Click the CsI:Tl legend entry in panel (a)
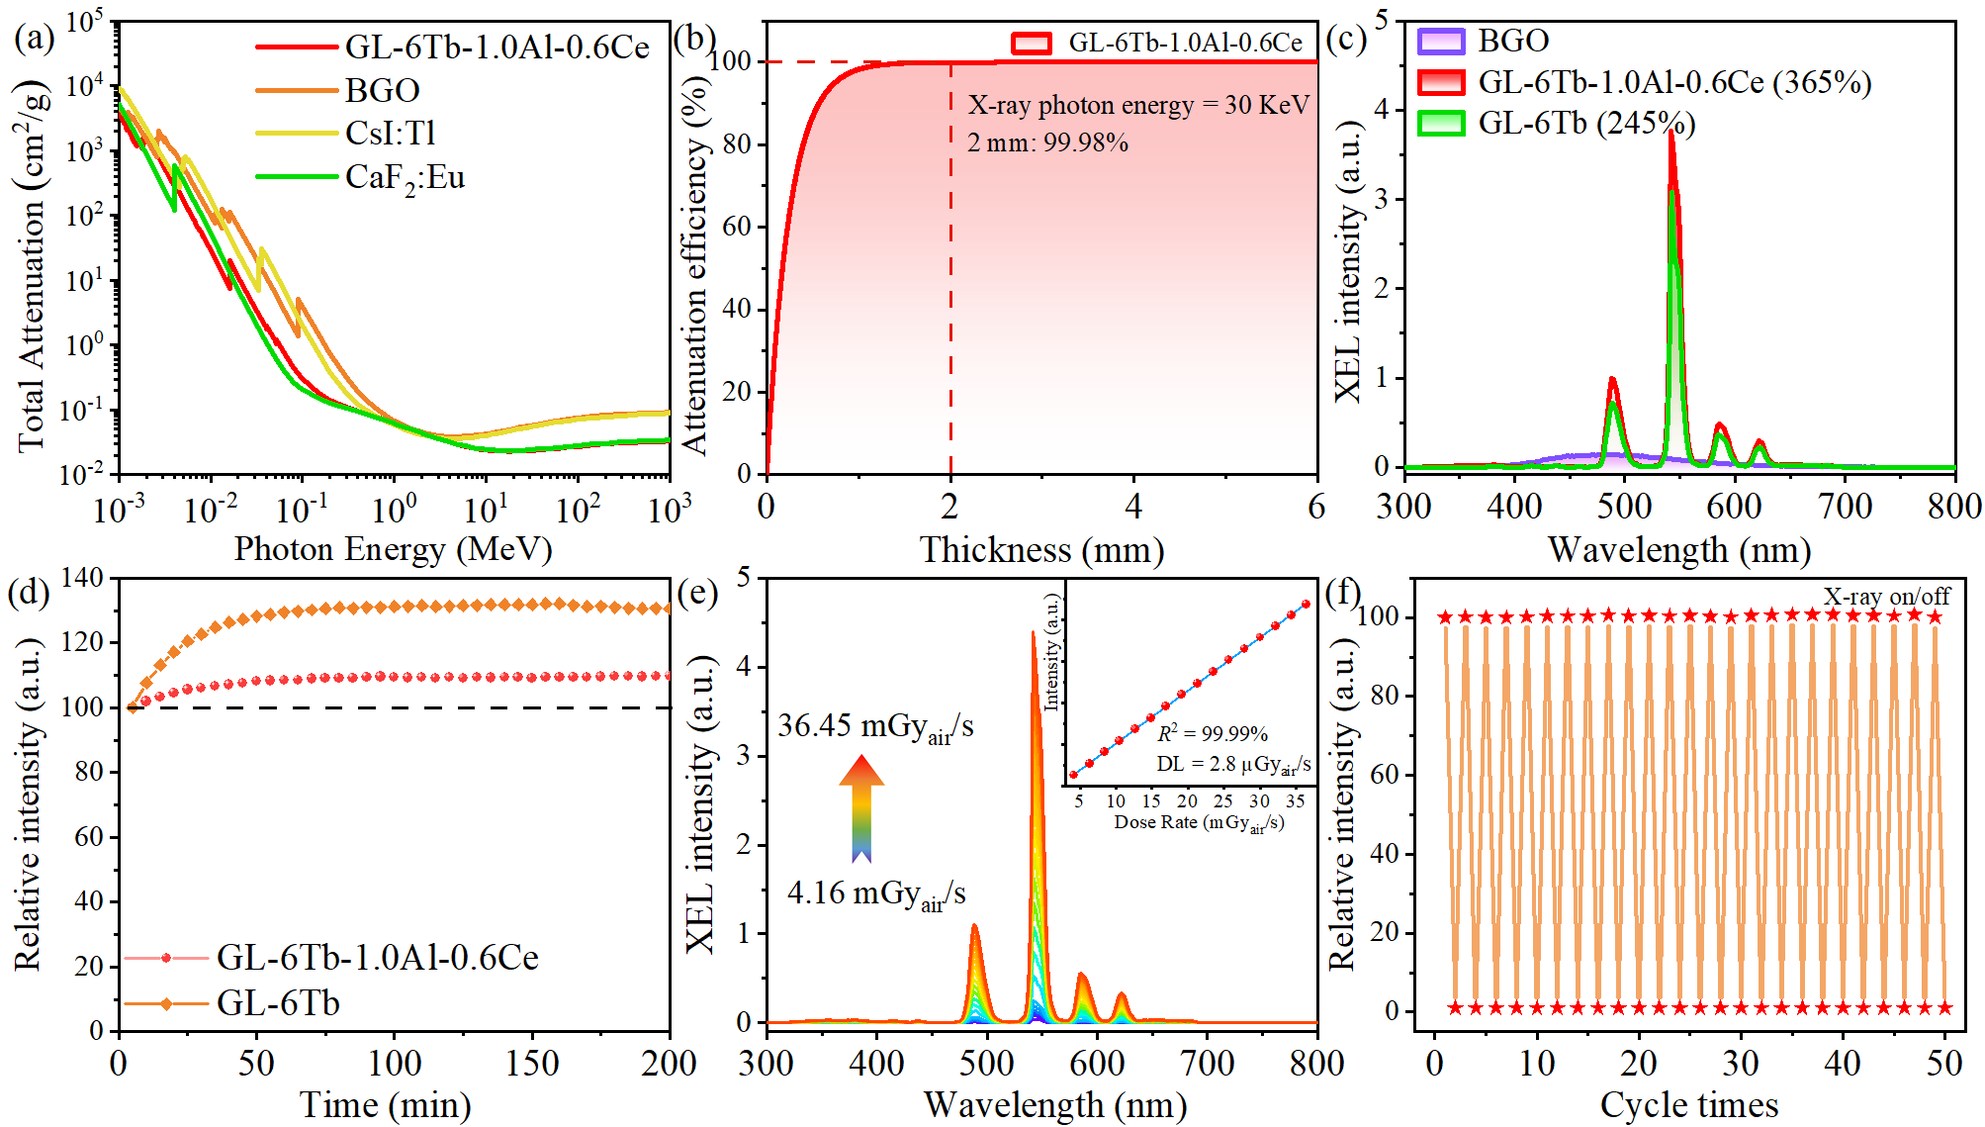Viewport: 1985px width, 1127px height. click(390, 134)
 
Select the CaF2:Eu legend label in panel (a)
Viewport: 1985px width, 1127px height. click(405, 178)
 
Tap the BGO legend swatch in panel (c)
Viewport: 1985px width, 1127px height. click(1440, 42)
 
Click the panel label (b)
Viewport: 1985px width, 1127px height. click(694, 39)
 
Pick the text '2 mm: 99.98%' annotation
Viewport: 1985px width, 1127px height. click(1047, 143)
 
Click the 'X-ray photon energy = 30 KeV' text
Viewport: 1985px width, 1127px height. click(1138, 105)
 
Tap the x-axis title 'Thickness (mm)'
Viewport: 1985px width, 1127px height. click(1041, 550)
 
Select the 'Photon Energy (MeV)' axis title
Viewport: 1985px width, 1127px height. click(393, 549)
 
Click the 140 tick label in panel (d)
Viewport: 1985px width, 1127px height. click(83, 578)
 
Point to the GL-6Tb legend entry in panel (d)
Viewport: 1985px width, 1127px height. click(278, 1003)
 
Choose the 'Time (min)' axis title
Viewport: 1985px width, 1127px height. click(386, 1105)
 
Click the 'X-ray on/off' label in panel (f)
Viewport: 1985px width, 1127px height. click(1886, 597)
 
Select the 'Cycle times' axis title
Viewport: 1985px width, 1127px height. click(1689, 1105)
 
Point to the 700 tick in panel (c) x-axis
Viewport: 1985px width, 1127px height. click(1845, 508)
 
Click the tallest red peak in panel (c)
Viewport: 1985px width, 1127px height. click(1671, 134)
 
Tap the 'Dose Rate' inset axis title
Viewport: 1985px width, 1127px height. click(1199, 823)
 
